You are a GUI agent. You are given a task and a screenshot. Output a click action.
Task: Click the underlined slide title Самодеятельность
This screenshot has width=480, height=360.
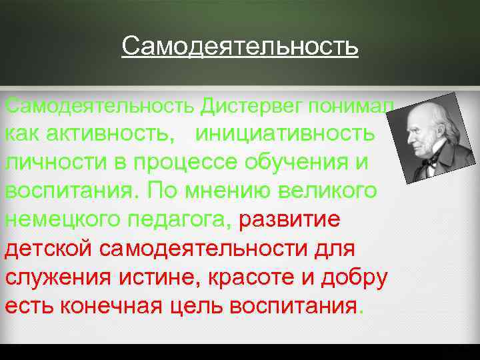coord(240,47)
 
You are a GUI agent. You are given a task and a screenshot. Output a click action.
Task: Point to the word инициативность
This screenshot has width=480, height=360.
coord(285,133)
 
